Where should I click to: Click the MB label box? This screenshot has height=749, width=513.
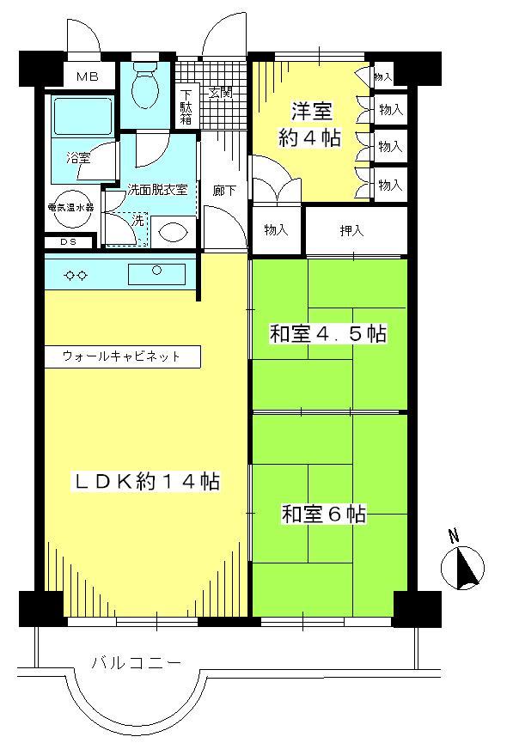point(87,77)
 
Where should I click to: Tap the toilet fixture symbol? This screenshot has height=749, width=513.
point(148,89)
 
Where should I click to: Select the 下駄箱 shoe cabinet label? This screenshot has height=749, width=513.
point(186,107)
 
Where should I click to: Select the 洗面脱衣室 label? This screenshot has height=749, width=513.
point(157,189)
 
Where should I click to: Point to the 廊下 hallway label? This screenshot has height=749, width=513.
point(224,191)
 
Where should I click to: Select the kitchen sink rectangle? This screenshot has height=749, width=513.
point(156,273)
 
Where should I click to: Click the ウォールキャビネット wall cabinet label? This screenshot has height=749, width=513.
point(121,356)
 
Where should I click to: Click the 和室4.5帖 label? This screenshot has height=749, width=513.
point(327,334)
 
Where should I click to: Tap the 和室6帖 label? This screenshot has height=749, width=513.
point(324,515)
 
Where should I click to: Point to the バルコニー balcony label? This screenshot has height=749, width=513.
point(136,663)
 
